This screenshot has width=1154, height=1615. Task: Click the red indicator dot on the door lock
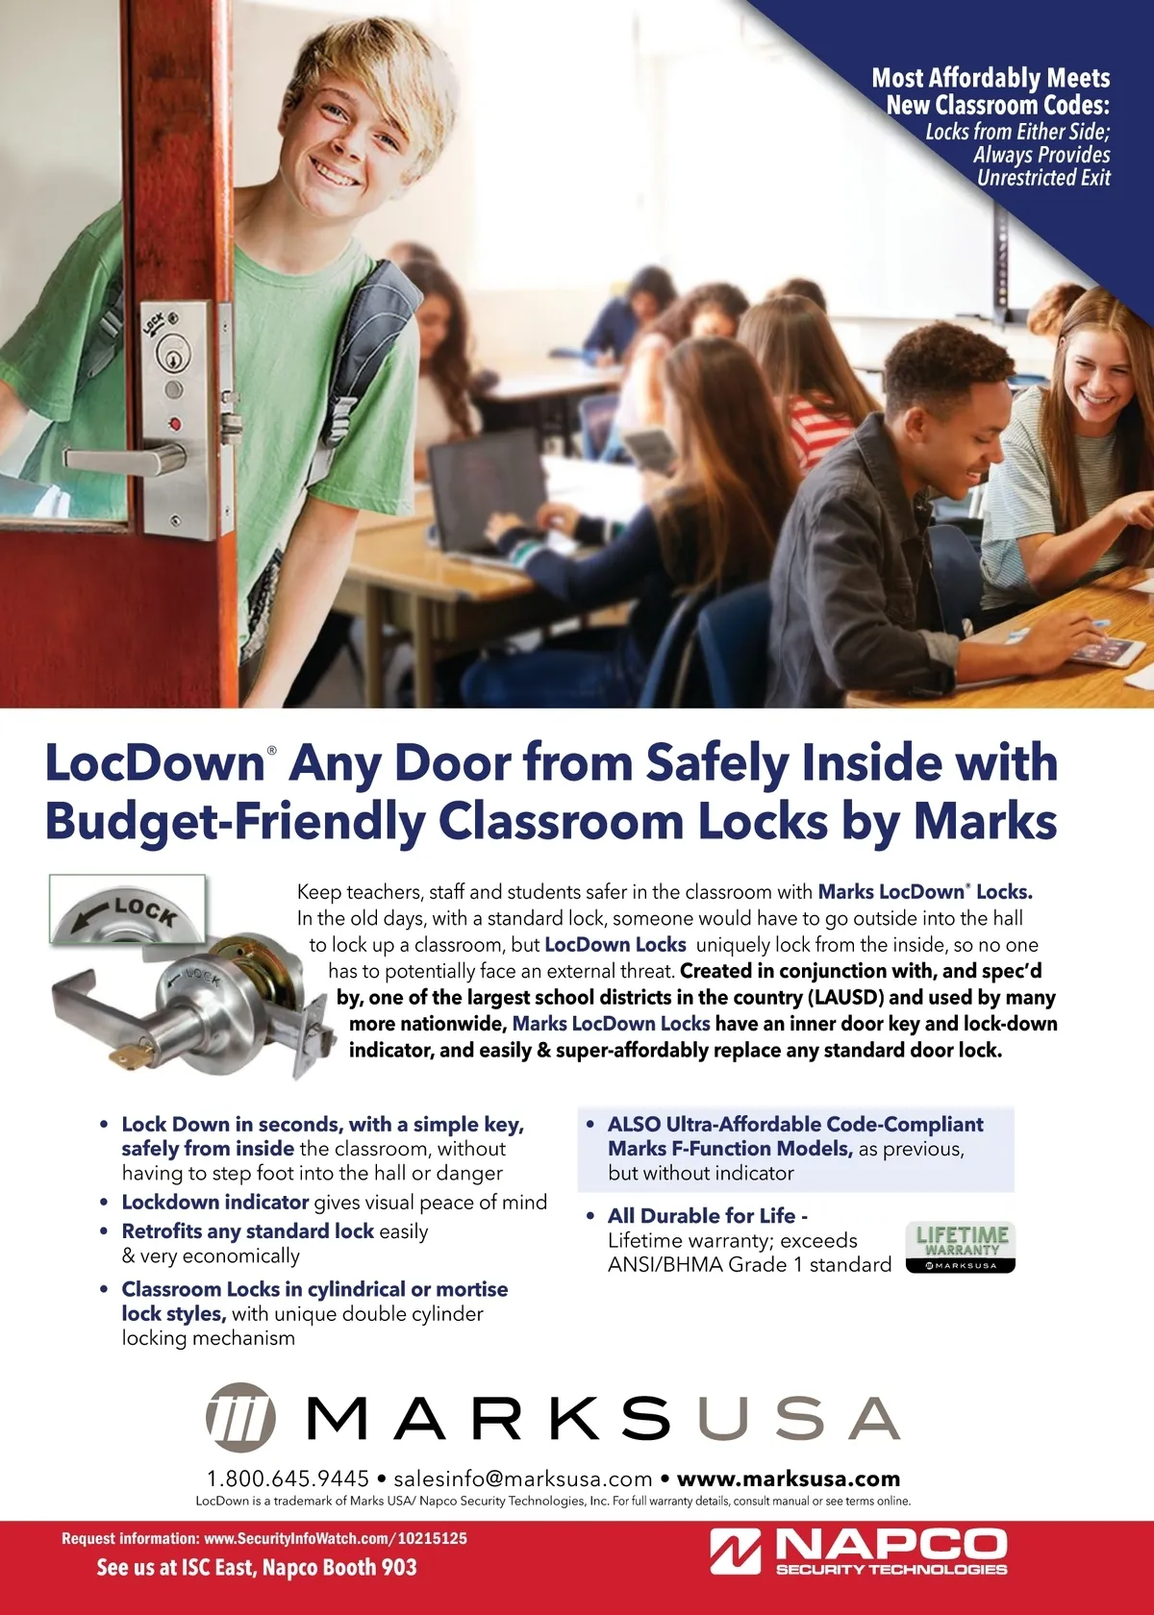click(x=174, y=423)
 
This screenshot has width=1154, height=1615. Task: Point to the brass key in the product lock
click(x=131, y=1056)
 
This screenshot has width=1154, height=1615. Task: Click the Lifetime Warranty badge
click(x=960, y=1247)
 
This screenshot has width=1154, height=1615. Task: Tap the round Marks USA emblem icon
click(x=239, y=1416)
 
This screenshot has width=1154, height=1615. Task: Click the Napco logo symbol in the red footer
click(x=736, y=1552)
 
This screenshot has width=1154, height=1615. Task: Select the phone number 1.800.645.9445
click(x=288, y=1478)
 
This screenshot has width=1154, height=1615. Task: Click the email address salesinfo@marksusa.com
click(x=523, y=1478)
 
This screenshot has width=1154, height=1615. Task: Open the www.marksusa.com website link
click(x=789, y=1478)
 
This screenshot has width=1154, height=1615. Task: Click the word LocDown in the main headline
click(x=154, y=762)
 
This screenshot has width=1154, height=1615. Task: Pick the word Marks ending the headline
click(x=985, y=821)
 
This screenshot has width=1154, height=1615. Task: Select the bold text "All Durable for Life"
click(x=701, y=1215)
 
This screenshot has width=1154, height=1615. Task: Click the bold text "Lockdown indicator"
click(x=214, y=1202)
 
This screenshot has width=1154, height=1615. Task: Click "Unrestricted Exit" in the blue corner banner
click(x=1043, y=178)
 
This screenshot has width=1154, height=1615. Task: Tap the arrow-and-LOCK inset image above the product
click(x=128, y=908)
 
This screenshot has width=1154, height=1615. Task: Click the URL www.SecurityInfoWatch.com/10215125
click(x=336, y=1538)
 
